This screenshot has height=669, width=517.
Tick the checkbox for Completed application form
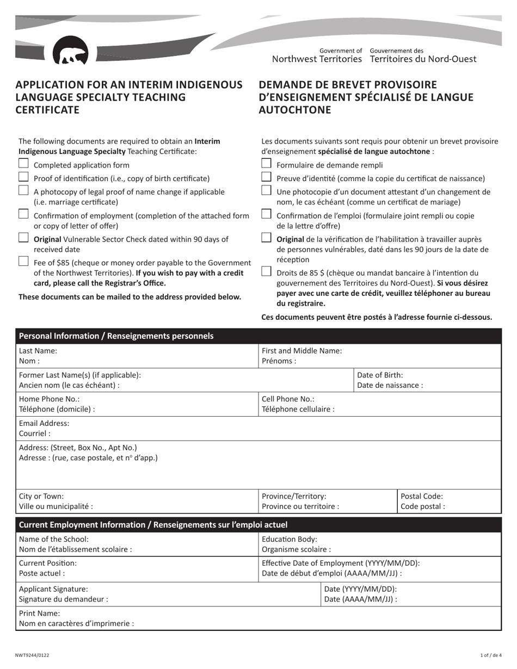(x=23, y=164)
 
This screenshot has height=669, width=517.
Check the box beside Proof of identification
(x=23, y=177)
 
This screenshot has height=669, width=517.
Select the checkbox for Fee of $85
(x=23, y=262)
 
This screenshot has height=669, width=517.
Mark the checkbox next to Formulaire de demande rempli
(x=266, y=164)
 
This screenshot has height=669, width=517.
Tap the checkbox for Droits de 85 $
(x=266, y=271)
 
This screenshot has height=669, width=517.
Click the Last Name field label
(x=38, y=351)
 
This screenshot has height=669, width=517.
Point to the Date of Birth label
(x=380, y=375)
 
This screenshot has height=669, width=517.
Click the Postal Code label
(x=422, y=496)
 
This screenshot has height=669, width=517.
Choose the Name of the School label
(x=53, y=538)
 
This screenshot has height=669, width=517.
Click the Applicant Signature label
(x=53, y=589)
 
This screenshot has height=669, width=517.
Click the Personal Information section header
(x=116, y=336)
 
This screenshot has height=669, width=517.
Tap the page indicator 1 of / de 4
(x=489, y=655)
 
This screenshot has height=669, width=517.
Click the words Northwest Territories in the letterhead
(x=317, y=59)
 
